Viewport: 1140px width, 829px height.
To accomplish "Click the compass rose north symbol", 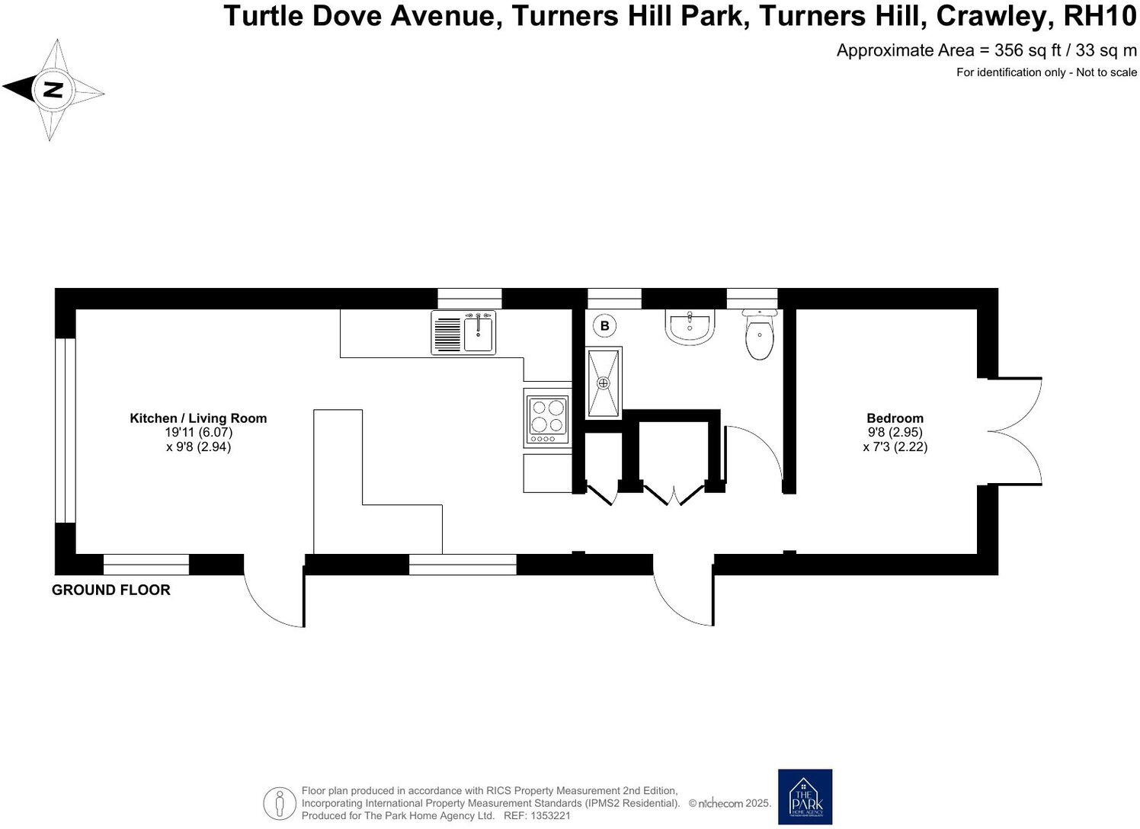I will (53, 90).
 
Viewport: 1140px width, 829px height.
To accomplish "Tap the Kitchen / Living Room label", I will (198, 418).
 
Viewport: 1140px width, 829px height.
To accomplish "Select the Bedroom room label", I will (895, 418).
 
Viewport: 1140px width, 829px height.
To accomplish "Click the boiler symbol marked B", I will (605, 326).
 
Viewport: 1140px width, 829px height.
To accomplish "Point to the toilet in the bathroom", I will (759, 335).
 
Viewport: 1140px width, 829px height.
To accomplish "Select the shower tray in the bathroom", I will (604, 382).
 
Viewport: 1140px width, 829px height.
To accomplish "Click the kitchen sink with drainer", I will (463, 332).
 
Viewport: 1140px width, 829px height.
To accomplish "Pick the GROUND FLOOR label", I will (111, 590).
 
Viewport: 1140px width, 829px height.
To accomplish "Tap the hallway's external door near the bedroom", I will (684, 598).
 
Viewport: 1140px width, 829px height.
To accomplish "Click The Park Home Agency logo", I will (805, 796).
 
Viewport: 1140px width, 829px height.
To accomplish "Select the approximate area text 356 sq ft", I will (987, 50).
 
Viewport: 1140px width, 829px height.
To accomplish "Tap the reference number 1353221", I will (548, 815).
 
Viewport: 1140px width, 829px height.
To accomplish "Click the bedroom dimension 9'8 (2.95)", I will (895, 433).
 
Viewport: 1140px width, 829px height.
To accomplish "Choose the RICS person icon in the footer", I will (280, 803).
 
